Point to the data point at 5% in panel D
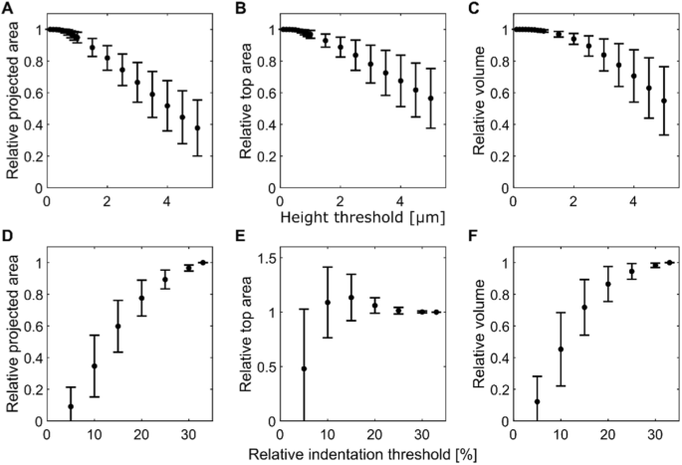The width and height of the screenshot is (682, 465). (x=71, y=406)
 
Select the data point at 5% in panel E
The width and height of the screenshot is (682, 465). (x=304, y=368)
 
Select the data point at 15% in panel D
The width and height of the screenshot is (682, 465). (x=117, y=327)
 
